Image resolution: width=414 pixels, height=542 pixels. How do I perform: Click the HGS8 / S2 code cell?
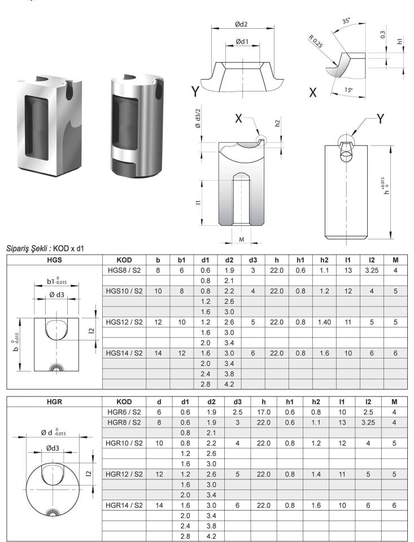point(124,270)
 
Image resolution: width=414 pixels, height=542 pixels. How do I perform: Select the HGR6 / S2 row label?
point(124,412)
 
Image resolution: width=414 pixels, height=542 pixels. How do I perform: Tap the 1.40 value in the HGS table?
point(324,322)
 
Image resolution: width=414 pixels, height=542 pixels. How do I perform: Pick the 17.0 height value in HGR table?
point(264,412)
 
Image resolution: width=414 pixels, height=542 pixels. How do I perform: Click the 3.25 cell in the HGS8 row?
point(372,270)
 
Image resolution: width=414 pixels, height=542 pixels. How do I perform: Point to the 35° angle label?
point(346,21)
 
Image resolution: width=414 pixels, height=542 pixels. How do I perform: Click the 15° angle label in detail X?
point(348,90)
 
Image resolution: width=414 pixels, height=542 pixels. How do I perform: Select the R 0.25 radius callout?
point(315,41)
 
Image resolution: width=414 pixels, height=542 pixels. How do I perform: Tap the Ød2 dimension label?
point(241,24)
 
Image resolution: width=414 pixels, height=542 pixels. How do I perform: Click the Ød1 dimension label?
point(242,41)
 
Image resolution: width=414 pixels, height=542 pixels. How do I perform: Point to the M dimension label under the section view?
point(241,239)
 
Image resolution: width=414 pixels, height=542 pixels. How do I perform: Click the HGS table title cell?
point(55,260)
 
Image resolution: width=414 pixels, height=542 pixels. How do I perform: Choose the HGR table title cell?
point(55,401)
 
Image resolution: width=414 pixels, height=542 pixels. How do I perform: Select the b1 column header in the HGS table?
point(181,260)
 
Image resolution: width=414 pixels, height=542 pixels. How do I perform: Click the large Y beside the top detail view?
point(195,91)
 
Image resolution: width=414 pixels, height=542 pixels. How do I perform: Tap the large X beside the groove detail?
point(313,92)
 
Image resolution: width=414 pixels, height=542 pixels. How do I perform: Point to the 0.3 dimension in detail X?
point(383,34)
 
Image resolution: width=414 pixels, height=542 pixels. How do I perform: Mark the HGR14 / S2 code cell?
point(124,505)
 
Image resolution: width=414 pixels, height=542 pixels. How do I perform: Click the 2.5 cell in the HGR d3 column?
point(237,412)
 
